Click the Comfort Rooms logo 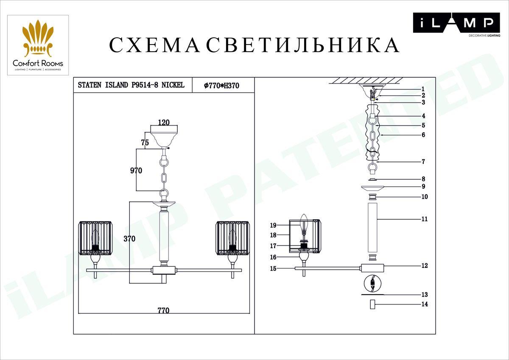point(38,45)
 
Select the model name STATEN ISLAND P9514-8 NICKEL point(131,85)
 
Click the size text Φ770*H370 point(222,85)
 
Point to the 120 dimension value point(164,123)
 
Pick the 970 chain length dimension point(136,170)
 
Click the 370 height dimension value point(129,239)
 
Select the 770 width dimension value point(163,310)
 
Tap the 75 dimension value point(145,143)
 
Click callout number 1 point(423,89)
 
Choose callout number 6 point(423,135)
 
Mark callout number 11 point(425,219)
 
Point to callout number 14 point(425,304)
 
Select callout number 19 point(273,225)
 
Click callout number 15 point(273,268)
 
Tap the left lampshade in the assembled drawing point(95,238)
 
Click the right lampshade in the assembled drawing point(232,238)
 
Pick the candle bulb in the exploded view point(303,223)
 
